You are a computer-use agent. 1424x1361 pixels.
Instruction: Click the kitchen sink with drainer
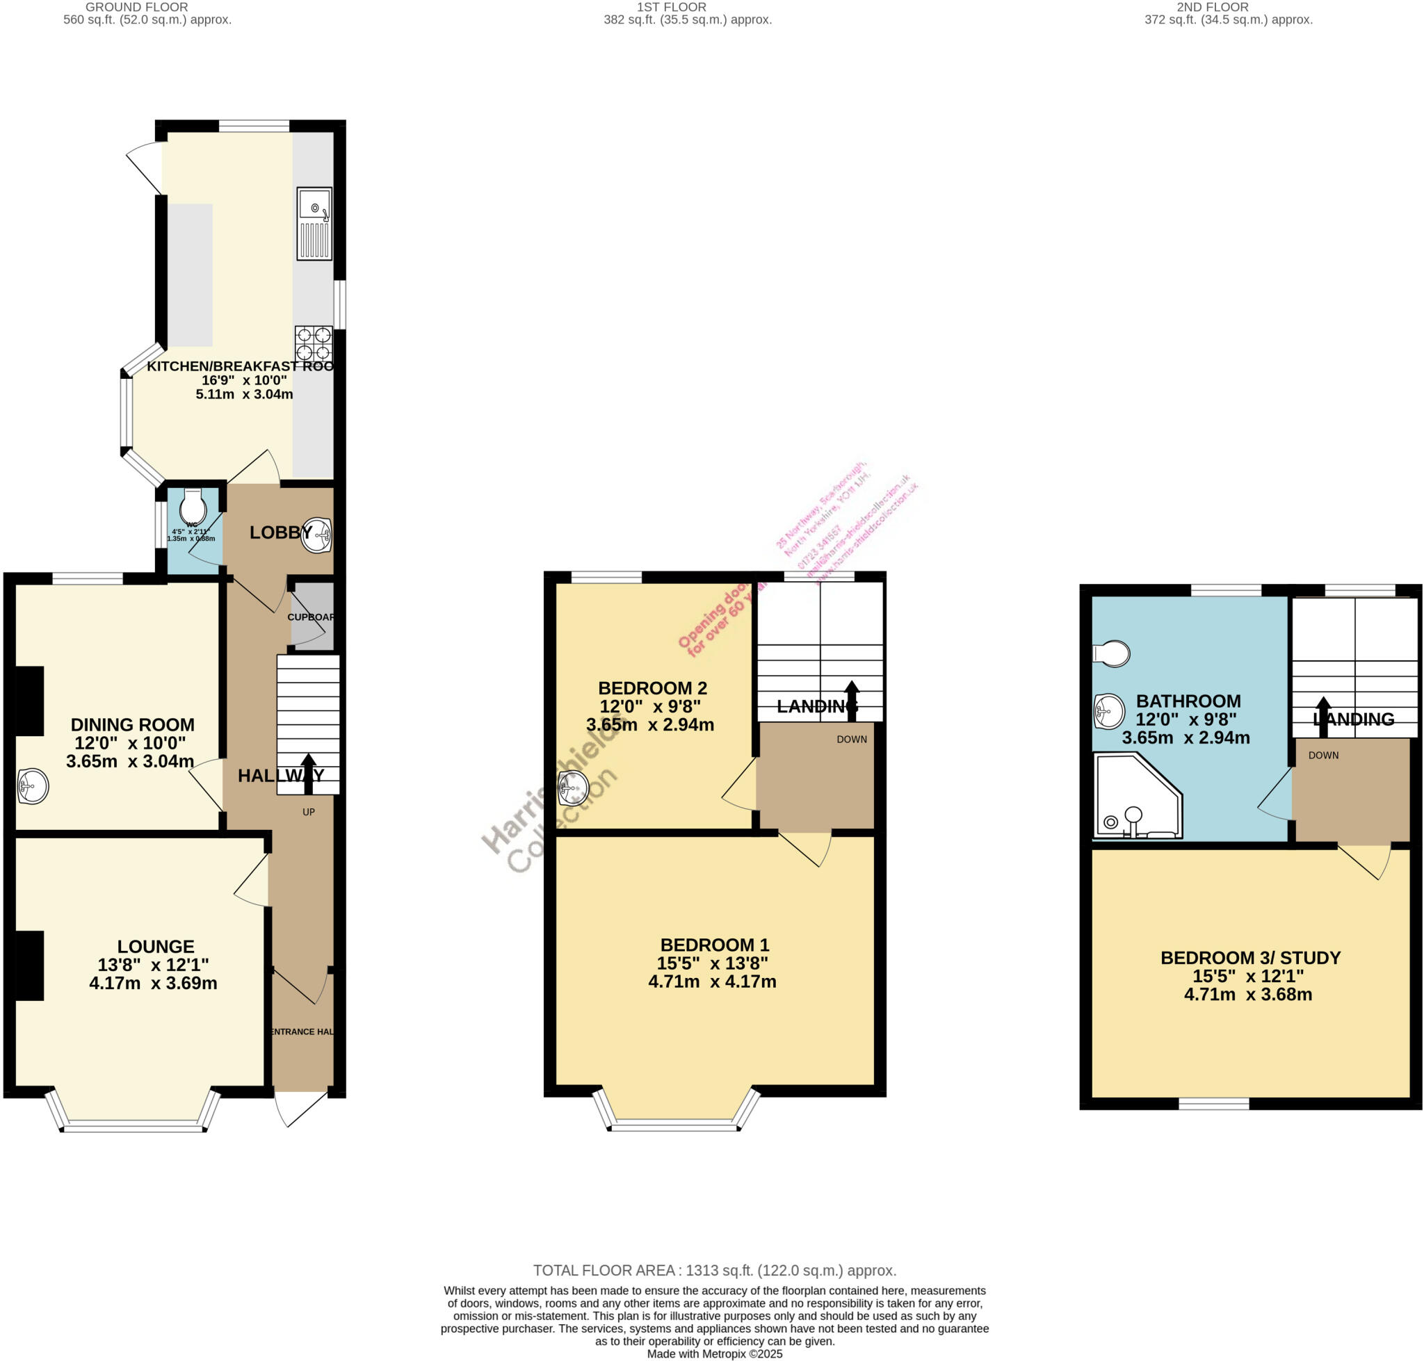pos(314,223)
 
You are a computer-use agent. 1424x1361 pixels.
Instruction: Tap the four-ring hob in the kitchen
pos(314,345)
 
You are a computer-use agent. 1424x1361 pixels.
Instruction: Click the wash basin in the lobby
pos(316,535)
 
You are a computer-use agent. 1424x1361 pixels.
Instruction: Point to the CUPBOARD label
pos(311,617)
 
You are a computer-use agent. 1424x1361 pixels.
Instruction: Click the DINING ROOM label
pos(132,724)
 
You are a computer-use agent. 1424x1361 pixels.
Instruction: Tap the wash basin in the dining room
pos(33,785)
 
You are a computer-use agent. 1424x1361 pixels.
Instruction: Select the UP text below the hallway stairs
pos(309,812)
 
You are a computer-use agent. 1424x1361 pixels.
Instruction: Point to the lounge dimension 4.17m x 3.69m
pos(153,983)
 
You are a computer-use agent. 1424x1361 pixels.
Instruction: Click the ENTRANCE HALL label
pos(302,1032)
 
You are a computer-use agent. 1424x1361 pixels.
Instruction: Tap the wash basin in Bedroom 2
pos(573,788)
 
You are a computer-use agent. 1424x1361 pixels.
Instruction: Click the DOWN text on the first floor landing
pos(851,740)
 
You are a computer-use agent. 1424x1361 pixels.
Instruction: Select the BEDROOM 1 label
pos(714,945)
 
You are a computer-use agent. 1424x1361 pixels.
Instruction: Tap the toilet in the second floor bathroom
pos(1112,653)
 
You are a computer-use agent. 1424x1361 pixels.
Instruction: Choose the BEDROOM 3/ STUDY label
pos(1249,958)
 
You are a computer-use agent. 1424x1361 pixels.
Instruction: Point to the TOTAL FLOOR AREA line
pos(714,1271)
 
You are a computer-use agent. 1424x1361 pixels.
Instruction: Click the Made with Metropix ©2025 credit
pos(714,1354)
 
